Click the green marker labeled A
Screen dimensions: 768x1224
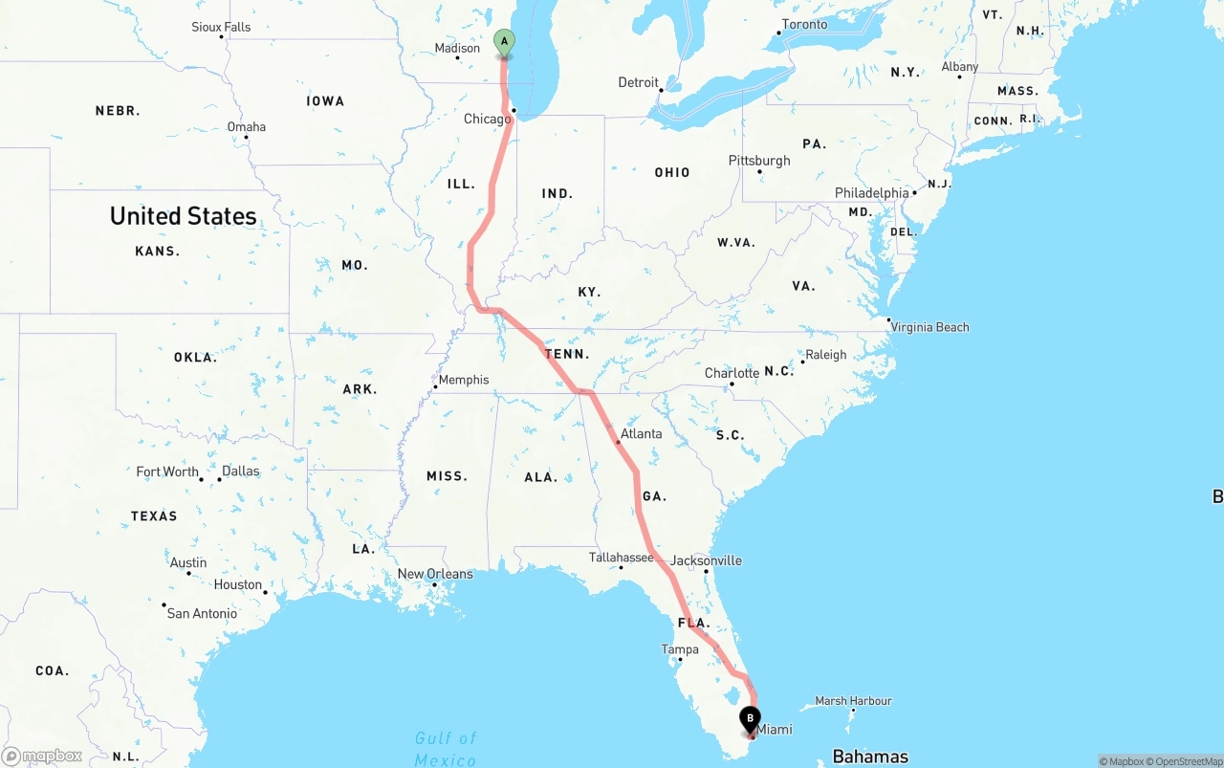tap(504, 42)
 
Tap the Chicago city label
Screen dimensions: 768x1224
tap(487, 119)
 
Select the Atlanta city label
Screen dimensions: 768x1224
tap(641, 433)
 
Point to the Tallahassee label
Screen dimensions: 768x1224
tap(621, 557)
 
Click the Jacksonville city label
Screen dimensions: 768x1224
tap(706, 560)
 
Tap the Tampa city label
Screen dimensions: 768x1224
tap(680, 649)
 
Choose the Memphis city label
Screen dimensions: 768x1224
tap(464, 380)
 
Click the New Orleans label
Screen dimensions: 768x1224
tap(435, 574)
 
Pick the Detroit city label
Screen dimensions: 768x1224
tap(638, 82)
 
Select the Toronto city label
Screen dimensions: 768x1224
tap(804, 24)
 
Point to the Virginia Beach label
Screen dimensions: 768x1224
tap(929, 327)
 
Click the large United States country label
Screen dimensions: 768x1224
tap(183, 216)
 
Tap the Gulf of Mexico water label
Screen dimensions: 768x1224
tap(446, 749)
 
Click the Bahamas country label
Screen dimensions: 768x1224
tap(870, 757)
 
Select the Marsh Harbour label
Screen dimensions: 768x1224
tap(853, 701)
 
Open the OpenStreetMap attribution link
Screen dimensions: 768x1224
tap(1188, 761)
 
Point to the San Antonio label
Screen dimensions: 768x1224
tap(202, 613)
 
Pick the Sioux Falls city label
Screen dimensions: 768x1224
tap(221, 27)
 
